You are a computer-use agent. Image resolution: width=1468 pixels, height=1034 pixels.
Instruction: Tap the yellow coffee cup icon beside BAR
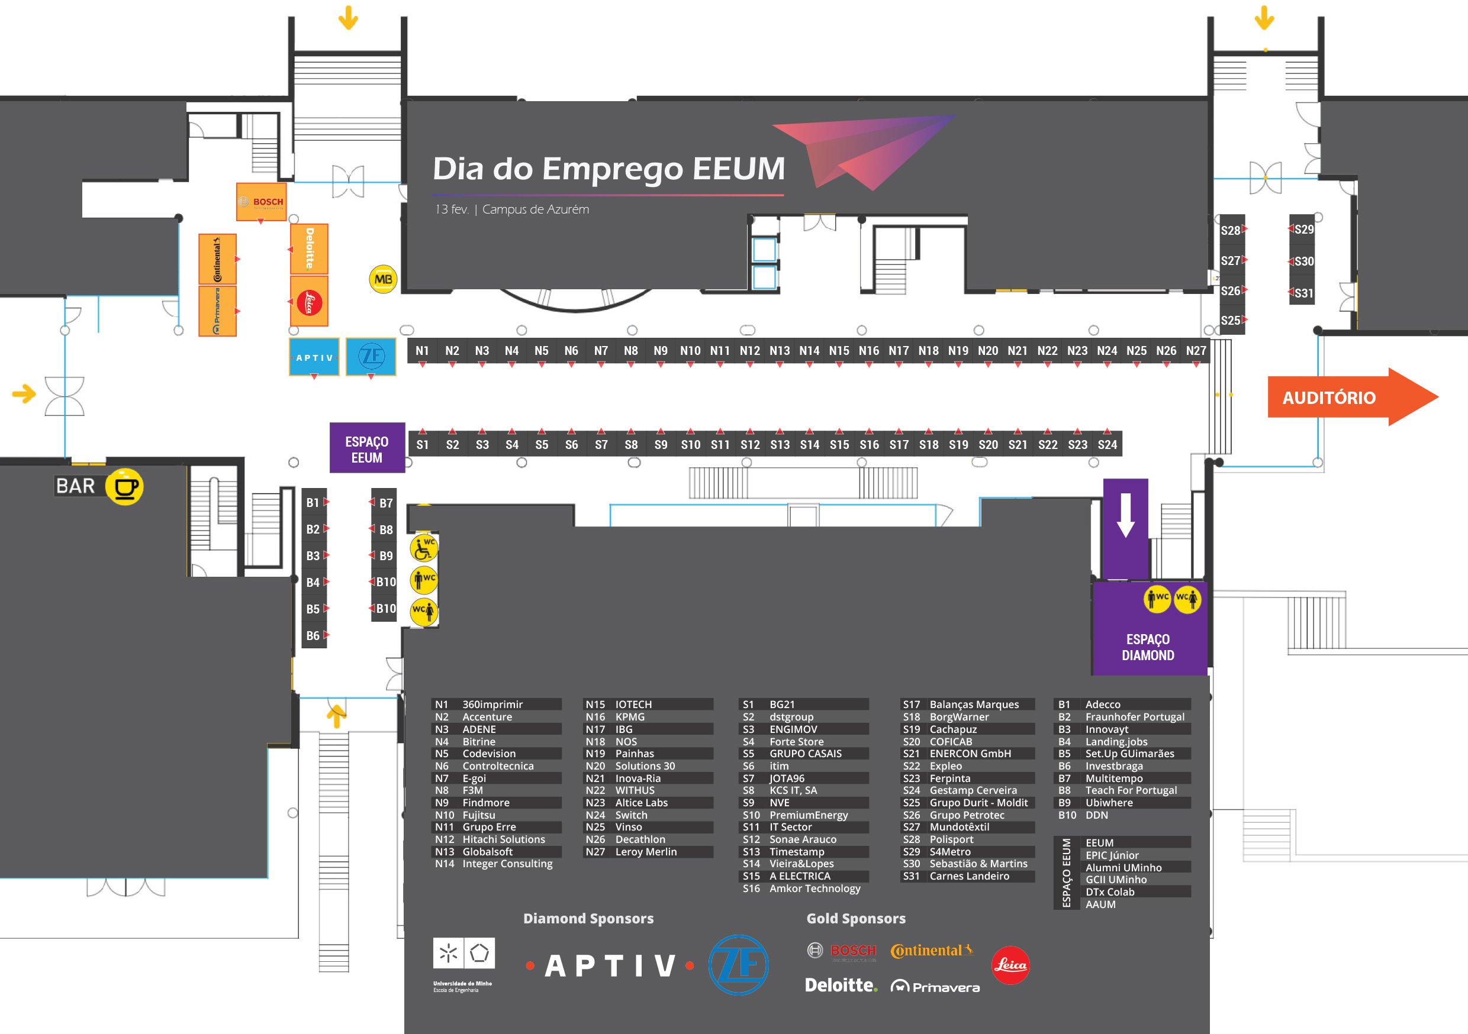click(125, 487)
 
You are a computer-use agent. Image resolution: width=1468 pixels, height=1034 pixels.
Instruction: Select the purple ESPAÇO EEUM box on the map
click(367, 448)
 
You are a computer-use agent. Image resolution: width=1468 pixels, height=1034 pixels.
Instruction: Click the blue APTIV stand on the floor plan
click(314, 357)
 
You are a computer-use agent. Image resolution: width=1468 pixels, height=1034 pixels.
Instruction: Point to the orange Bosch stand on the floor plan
click(261, 202)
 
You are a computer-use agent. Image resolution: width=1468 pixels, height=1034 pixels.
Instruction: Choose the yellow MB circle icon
click(383, 279)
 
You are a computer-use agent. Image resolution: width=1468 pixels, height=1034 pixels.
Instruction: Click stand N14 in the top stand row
click(809, 351)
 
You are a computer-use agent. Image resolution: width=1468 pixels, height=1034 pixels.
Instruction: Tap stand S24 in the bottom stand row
click(1107, 444)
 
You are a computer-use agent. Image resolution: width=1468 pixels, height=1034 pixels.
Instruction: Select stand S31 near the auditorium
click(1302, 293)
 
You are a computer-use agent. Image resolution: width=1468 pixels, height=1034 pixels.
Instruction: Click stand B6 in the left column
click(313, 635)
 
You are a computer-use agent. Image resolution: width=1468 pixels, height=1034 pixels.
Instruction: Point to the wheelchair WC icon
click(423, 548)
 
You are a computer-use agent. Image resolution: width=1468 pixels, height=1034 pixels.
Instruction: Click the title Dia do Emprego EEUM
click(608, 169)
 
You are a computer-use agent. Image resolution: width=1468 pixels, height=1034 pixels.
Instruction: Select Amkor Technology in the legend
click(814, 888)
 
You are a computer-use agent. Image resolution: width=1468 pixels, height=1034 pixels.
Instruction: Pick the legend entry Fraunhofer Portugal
click(1134, 717)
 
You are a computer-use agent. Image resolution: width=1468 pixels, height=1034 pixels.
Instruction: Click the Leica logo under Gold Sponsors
click(1010, 964)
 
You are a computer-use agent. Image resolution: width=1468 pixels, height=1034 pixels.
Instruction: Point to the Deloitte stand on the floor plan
click(310, 248)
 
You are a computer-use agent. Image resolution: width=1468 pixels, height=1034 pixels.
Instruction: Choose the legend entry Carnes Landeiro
click(968, 876)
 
